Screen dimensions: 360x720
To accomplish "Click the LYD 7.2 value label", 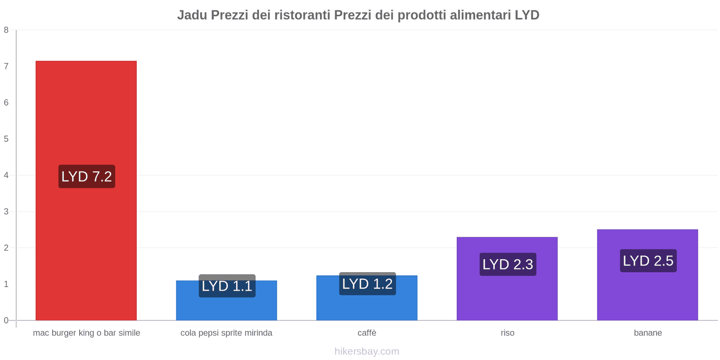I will point(87,176).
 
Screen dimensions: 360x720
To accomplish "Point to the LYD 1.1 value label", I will point(227,286).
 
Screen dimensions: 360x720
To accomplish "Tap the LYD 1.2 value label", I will point(367,283).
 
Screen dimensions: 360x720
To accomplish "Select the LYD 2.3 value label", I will point(508,264).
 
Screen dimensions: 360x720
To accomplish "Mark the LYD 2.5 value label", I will point(648,261).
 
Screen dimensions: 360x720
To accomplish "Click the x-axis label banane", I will point(648,333).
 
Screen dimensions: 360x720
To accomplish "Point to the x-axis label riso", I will point(507,333).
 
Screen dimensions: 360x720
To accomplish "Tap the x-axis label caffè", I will point(367,333).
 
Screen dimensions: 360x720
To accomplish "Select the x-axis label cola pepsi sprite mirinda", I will point(226,333).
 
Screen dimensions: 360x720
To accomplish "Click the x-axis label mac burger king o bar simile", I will point(86,333).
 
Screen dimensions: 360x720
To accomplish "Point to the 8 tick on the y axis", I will point(6,30).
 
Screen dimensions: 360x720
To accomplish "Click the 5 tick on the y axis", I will point(6,139).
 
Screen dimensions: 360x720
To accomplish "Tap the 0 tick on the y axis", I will point(6,320).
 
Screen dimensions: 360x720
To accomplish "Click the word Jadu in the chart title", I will point(192,15).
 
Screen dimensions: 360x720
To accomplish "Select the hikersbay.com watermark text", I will point(367,351).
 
